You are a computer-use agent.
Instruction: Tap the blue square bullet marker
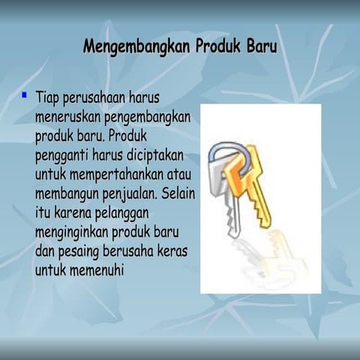click(25, 95)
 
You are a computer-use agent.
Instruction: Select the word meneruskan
click(69, 118)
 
